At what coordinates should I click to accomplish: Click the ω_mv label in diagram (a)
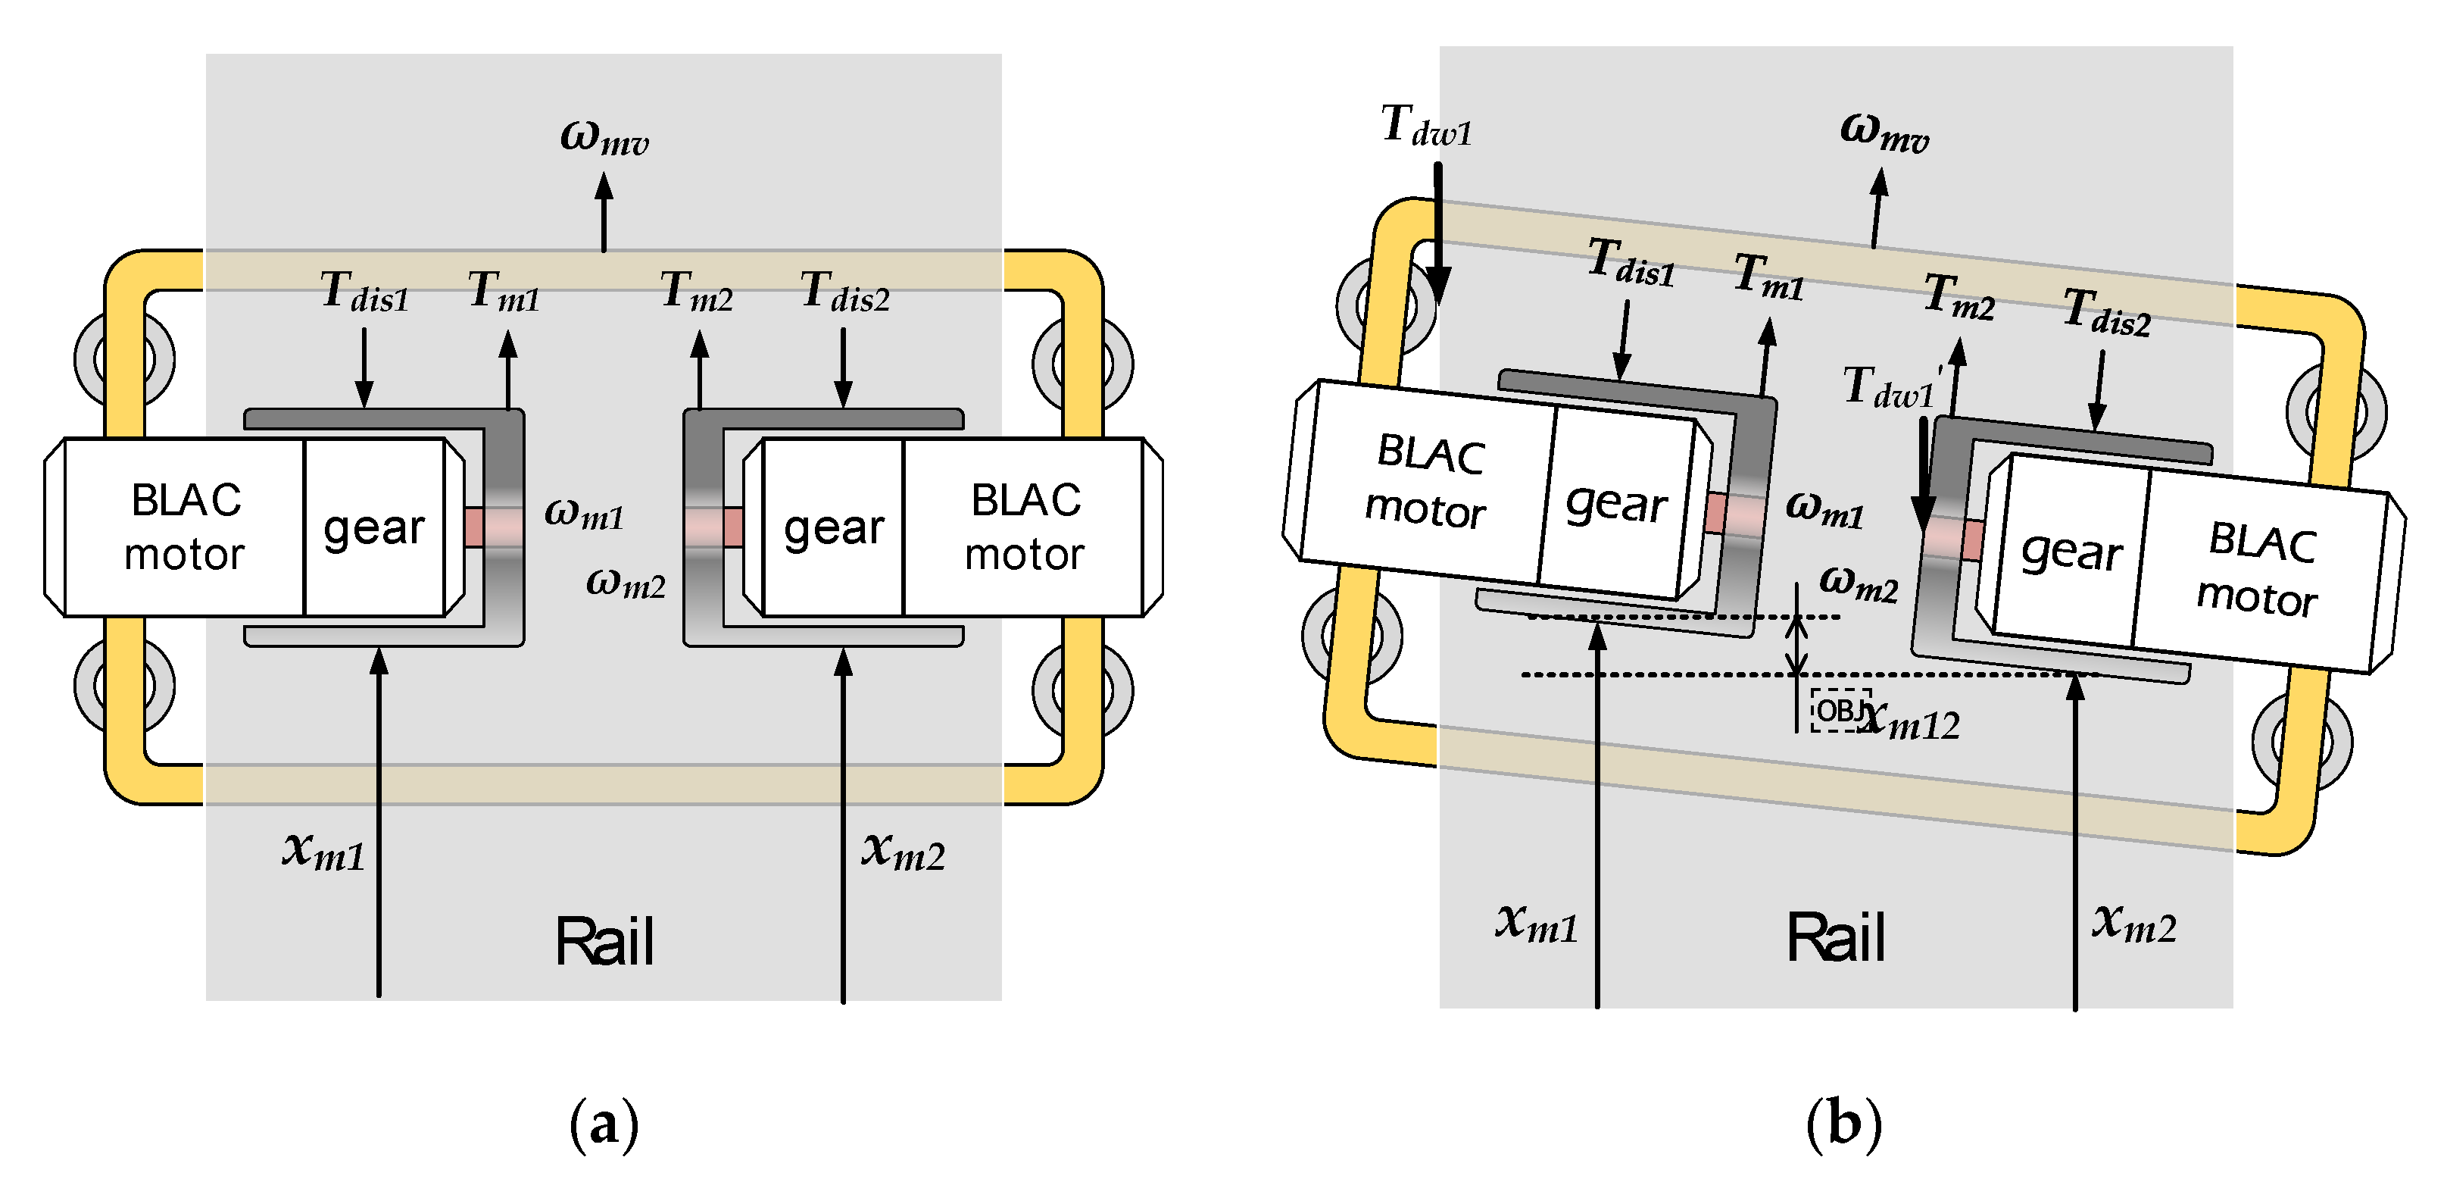tap(604, 138)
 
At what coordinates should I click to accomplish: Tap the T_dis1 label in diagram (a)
tap(364, 292)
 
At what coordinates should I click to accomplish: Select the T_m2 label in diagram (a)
tap(696, 292)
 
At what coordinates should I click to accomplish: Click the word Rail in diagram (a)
tap(604, 943)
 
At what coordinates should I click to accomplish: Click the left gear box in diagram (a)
tap(374, 528)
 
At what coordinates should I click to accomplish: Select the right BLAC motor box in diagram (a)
tap(1024, 528)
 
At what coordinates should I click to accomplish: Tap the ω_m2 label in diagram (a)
tap(625, 580)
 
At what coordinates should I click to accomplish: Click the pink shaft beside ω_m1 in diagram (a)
tap(494, 527)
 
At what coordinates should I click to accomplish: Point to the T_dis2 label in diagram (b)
tap(2106, 313)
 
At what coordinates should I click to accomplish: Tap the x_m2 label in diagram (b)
tap(2133, 921)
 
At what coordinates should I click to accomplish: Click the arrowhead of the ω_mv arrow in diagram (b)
tap(1880, 180)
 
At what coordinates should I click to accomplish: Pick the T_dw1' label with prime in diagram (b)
tap(1890, 389)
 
